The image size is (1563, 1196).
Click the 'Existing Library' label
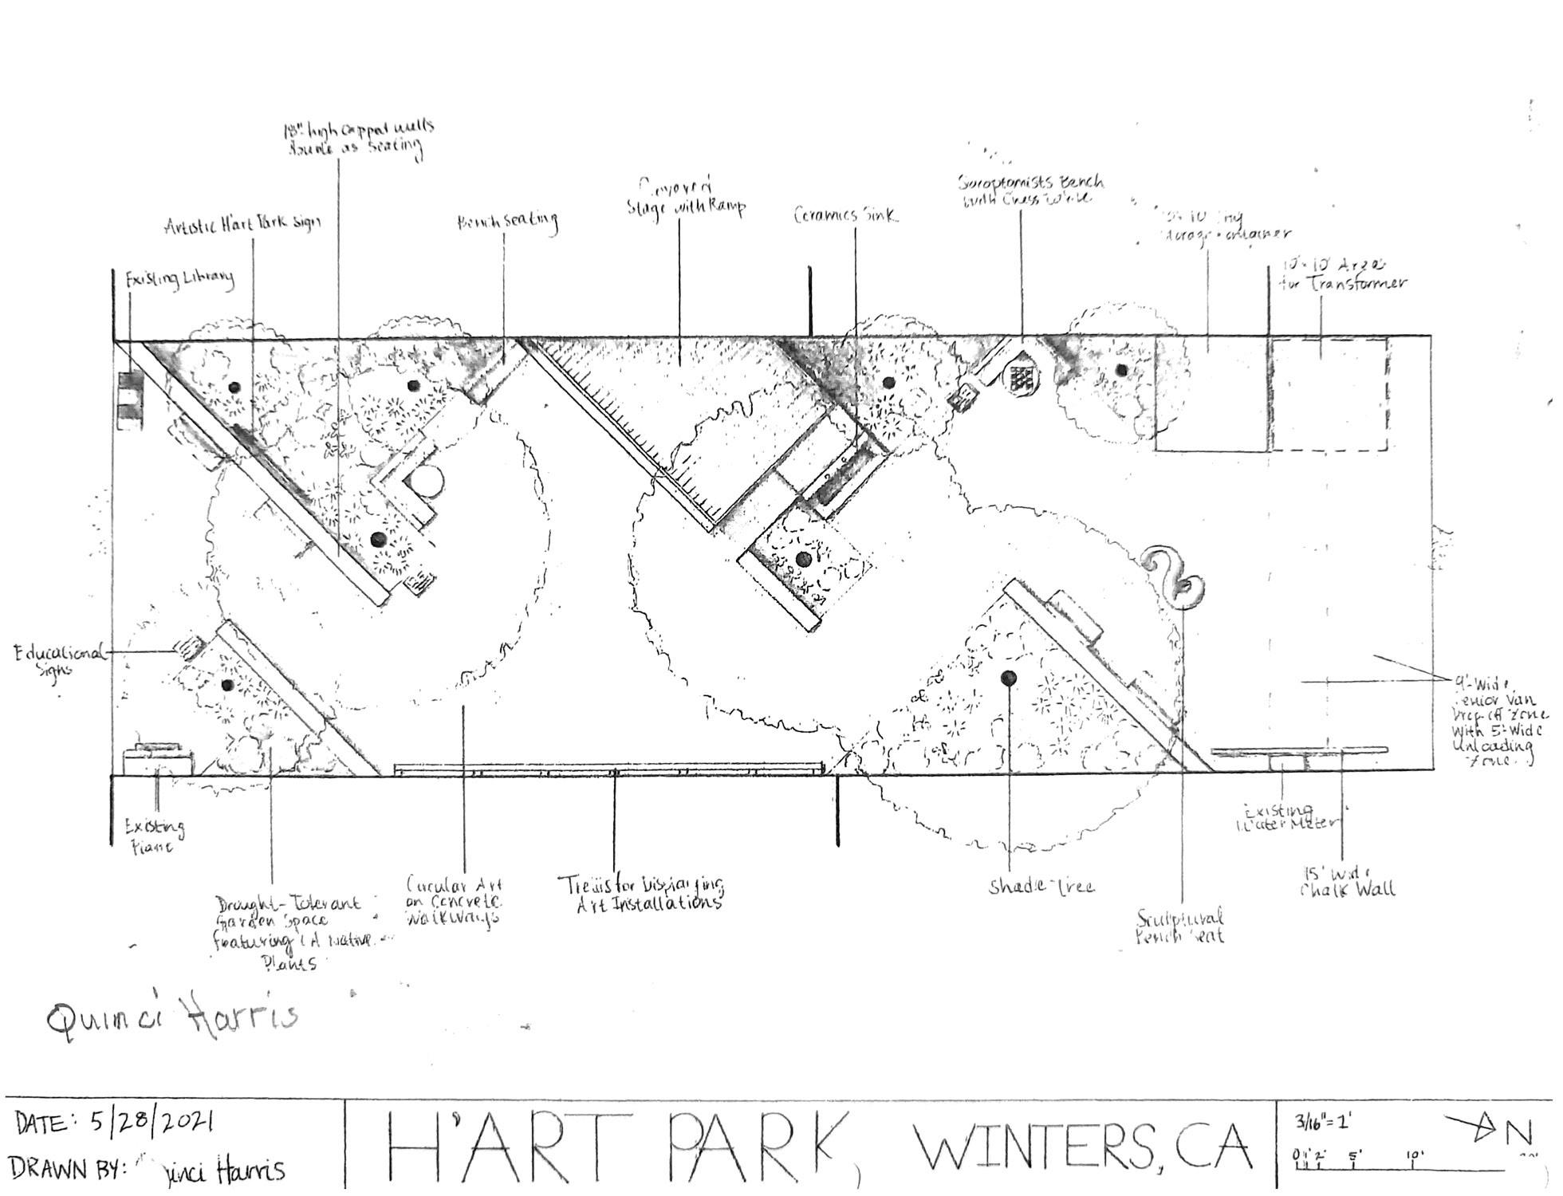[179, 279]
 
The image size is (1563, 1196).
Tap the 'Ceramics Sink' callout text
[845, 215]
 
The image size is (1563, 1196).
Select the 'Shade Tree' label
[1041, 886]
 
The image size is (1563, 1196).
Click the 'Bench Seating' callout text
[507, 222]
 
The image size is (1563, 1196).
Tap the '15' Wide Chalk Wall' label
[1348, 879]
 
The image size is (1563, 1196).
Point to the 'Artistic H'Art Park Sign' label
[242, 224]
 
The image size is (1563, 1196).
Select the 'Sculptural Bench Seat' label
[1181, 927]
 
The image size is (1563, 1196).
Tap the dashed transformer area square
[1327, 395]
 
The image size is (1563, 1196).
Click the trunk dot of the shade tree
[1009, 677]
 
